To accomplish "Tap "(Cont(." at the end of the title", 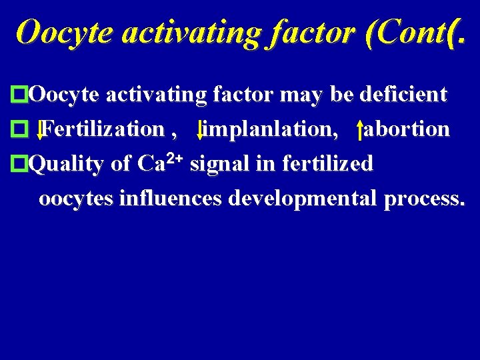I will [413, 31].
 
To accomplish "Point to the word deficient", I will [403, 95].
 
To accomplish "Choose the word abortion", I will [407, 129].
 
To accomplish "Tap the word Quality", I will [67, 163].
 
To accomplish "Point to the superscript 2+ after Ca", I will [175, 159].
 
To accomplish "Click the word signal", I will [218, 163].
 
